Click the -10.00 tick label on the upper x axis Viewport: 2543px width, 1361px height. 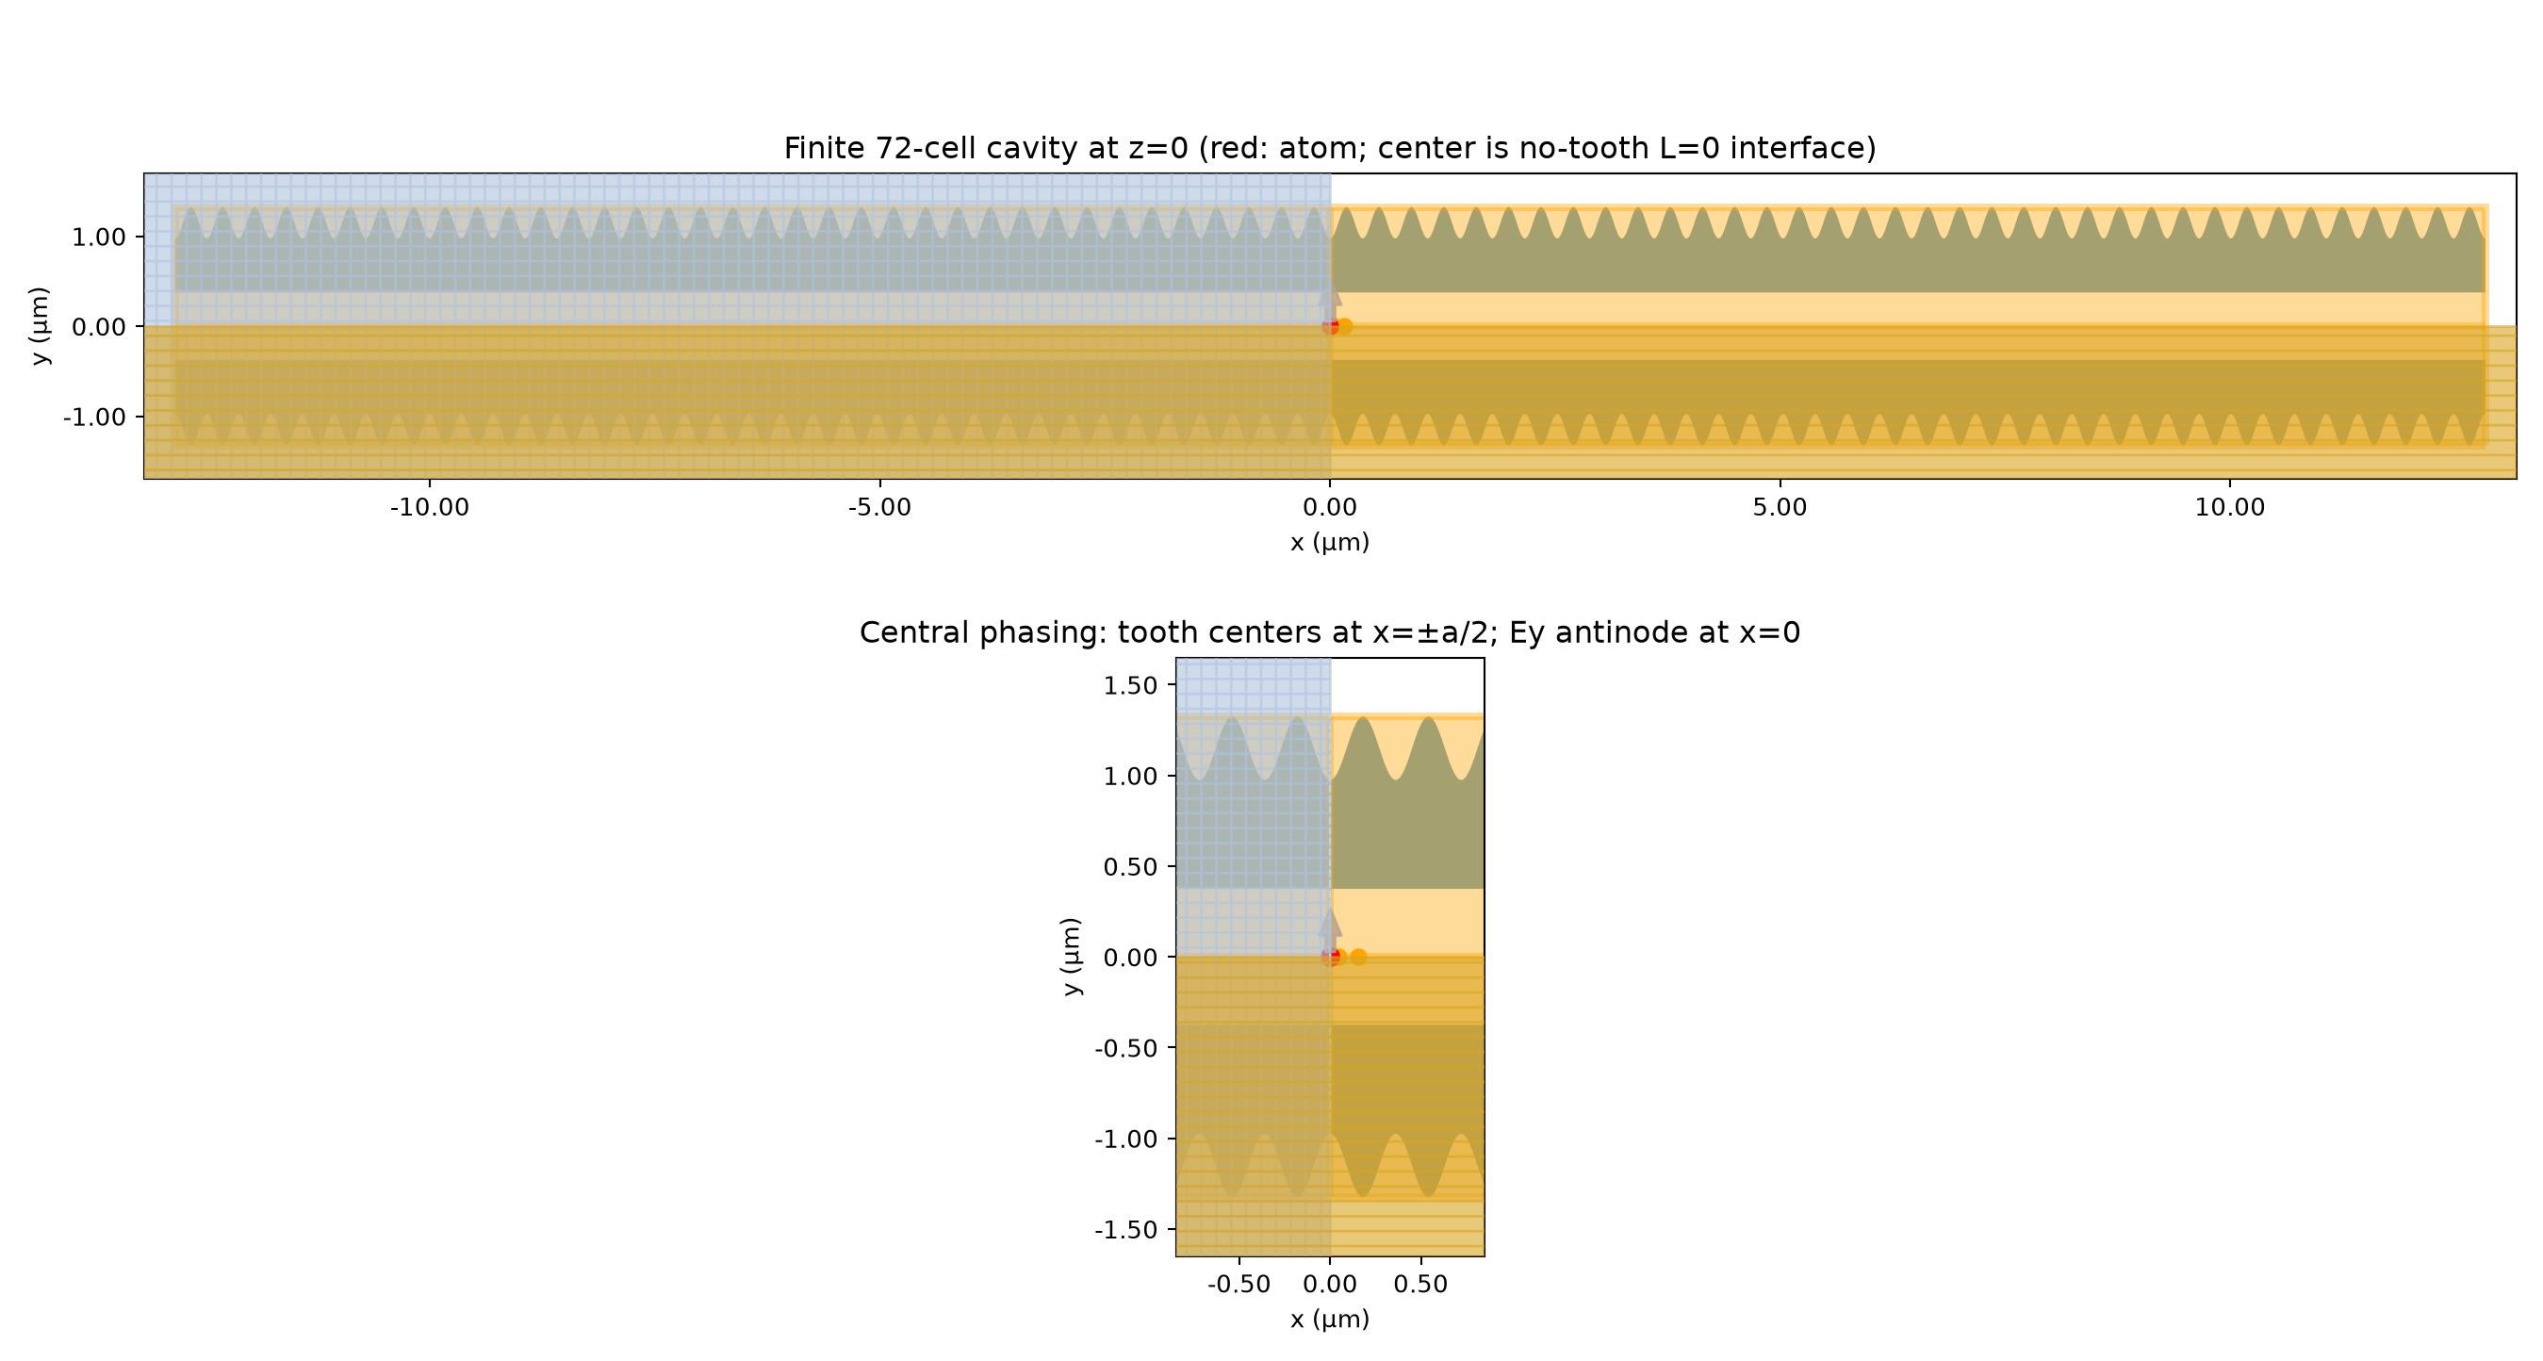[430, 507]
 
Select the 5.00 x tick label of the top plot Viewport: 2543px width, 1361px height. [1780, 507]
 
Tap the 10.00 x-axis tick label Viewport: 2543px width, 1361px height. [2230, 507]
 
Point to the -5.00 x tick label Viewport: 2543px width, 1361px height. [879, 507]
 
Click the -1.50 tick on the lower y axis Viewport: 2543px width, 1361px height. [1125, 1230]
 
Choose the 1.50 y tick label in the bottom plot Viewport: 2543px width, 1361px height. [1130, 686]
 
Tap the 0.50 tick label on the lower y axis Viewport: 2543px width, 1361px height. [1130, 866]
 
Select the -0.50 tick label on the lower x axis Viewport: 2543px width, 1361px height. [1239, 1284]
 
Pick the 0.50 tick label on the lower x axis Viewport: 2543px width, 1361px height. [1420, 1284]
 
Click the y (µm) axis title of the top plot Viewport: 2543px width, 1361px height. [40, 326]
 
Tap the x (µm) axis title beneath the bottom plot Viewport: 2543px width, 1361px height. [1330, 1320]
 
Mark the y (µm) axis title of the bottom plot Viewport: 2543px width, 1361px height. [1070, 957]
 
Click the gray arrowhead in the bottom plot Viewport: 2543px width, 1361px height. [1330, 924]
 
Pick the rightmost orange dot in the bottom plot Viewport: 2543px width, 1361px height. [1358, 957]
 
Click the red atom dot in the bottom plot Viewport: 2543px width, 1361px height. [1331, 957]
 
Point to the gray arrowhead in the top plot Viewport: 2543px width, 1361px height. [1330, 294]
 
